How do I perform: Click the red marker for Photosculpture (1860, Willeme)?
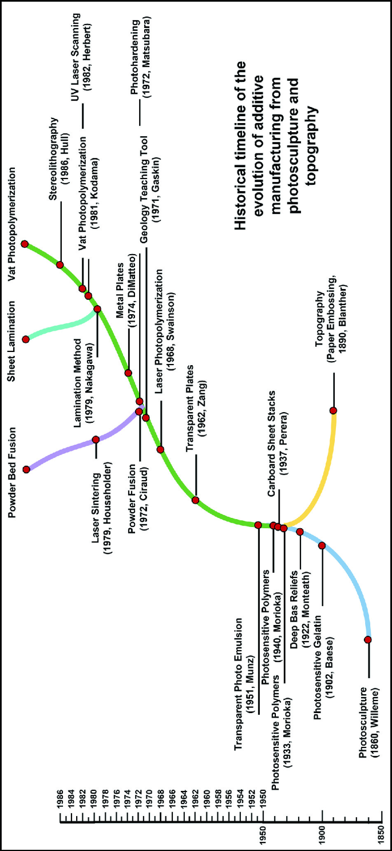368,639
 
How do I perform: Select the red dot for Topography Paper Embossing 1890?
333,410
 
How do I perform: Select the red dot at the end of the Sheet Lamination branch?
25,339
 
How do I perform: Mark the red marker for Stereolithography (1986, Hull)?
60,264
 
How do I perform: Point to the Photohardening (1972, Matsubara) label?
140,61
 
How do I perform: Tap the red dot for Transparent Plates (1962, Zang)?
195,500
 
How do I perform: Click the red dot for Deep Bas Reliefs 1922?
300,532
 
